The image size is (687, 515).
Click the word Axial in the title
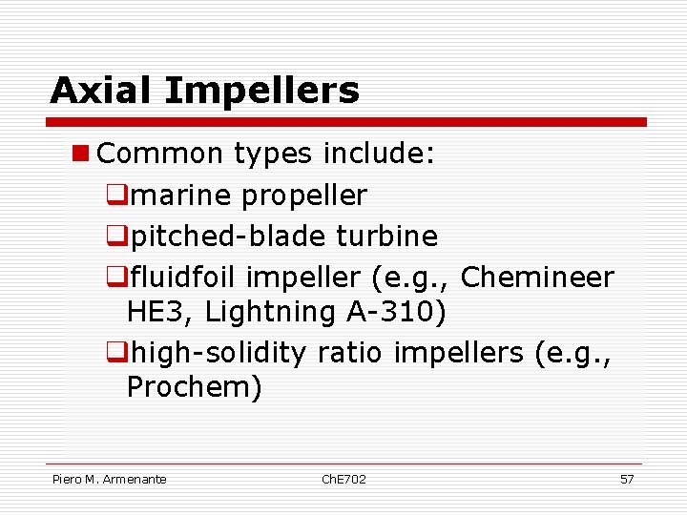tap(103, 91)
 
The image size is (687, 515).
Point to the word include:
tap(381, 154)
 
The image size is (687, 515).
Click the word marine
tap(181, 196)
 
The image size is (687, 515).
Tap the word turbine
tap(387, 235)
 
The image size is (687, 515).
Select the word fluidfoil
tap(184, 277)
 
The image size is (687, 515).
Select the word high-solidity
tap(218, 352)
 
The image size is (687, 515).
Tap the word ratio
tap(349, 352)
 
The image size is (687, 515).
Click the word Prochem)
tap(194, 387)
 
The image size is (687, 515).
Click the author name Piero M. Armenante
tap(110, 479)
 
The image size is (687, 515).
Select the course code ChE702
tap(343, 479)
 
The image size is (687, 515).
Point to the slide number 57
tap(627, 479)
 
